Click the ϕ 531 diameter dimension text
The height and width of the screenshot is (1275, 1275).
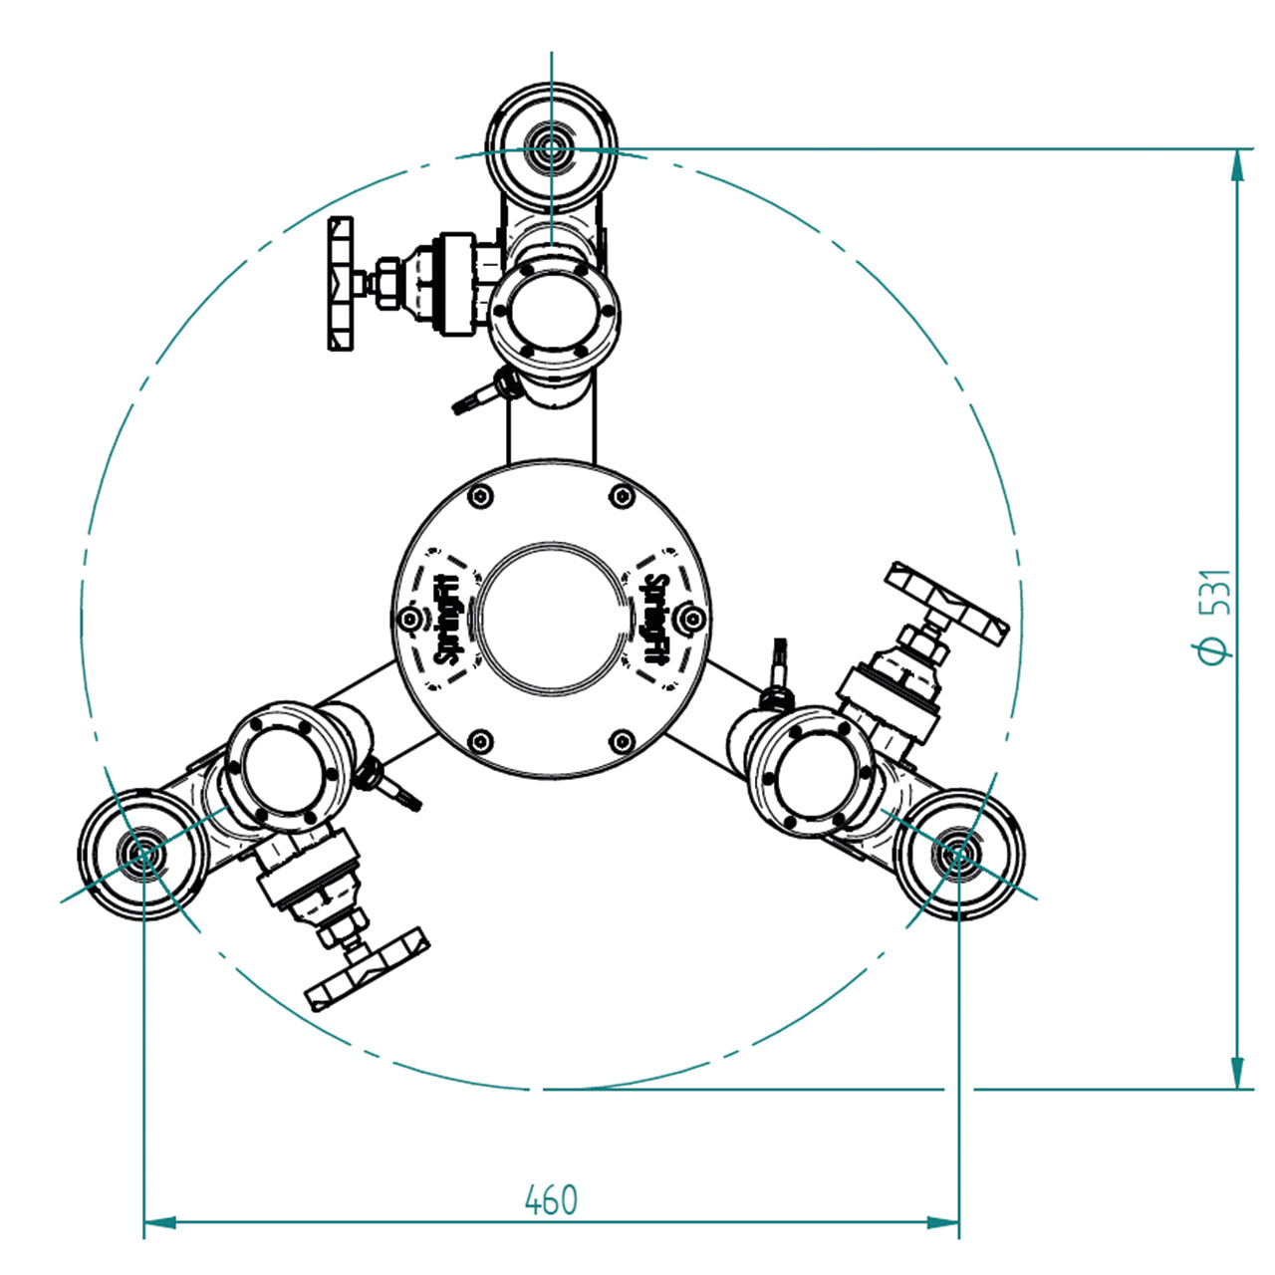(1216, 616)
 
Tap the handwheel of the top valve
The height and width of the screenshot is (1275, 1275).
(340, 283)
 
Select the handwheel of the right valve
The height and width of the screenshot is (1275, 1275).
(947, 604)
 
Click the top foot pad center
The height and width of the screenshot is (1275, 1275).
(551, 148)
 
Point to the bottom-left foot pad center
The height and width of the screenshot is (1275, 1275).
(143, 854)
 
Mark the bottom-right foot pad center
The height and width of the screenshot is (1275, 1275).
(958, 854)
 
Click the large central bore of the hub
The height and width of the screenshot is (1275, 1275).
(551, 619)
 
